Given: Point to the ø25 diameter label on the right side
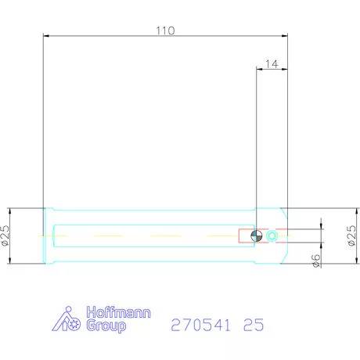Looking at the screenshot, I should click(351, 236).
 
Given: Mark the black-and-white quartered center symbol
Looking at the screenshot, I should click(257, 236).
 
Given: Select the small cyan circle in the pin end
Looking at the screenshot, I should click(272, 236).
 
